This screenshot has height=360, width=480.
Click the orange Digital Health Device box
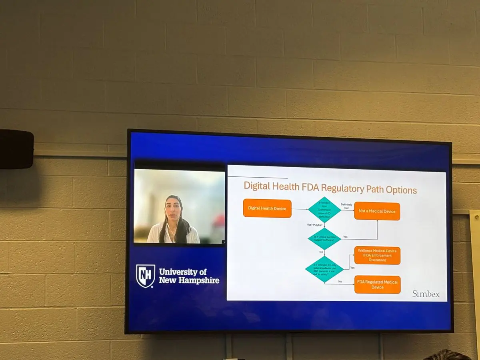pyautogui.click(x=267, y=208)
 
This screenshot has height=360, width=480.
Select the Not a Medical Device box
pyautogui.click(x=377, y=211)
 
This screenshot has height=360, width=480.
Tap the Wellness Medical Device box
pyautogui.click(x=377, y=255)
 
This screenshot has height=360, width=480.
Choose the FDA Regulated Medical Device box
pyautogui.click(x=377, y=284)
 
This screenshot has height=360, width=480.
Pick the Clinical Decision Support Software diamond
pyautogui.click(x=324, y=239)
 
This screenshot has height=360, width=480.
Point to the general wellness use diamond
pyautogui.click(x=324, y=269)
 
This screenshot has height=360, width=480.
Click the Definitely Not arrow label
pyautogui.click(x=347, y=206)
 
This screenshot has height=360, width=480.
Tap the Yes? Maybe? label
pyautogui.click(x=315, y=225)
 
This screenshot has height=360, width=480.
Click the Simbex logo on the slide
pyautogui.click(x=426, y=294)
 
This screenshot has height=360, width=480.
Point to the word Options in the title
pyautogui.click(x=401, y=190)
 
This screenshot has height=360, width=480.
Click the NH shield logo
pyautogui.click(x=145, y=276)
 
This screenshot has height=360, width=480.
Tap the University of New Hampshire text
pyautogui.click(x=189, y=276)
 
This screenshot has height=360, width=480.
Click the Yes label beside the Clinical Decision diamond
pyautogui.click(x=345, y=237)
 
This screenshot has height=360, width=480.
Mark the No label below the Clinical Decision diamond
pyautogui.click(x=321, y=252)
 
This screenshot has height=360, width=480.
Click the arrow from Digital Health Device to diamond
pyautogui.click(x=300, y=209)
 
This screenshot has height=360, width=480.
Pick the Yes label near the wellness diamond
pyautogui.click(x=352, y=268)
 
